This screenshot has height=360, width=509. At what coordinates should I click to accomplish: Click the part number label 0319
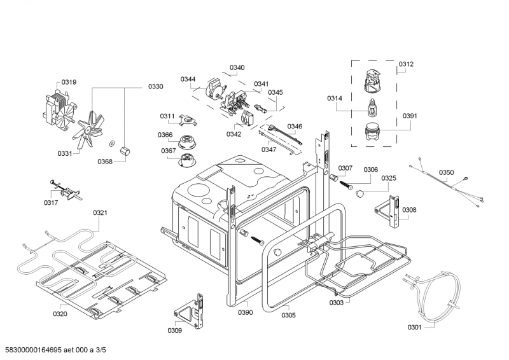tap(69, 82)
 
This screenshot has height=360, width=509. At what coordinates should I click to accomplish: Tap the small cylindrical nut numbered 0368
tap(124, 151)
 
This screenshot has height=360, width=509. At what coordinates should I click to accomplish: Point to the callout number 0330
tap(156, 87)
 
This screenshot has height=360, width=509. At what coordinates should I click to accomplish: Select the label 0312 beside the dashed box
tap(406, 64)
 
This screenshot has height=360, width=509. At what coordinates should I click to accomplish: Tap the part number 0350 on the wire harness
tap(447, 172)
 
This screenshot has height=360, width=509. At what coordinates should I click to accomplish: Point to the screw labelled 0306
tap(346, 186)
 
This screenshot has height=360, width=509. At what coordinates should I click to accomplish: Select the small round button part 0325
tap(359, 194)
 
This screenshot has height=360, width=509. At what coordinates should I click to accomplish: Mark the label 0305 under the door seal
tap(289, 315)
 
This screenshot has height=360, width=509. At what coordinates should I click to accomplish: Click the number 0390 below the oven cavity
tap(246, 312)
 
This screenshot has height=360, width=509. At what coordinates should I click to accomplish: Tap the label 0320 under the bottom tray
tap(60, 314)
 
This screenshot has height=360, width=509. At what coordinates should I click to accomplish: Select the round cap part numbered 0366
tap(186, 142)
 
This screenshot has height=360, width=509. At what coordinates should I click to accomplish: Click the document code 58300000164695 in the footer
tap(34, 350)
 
